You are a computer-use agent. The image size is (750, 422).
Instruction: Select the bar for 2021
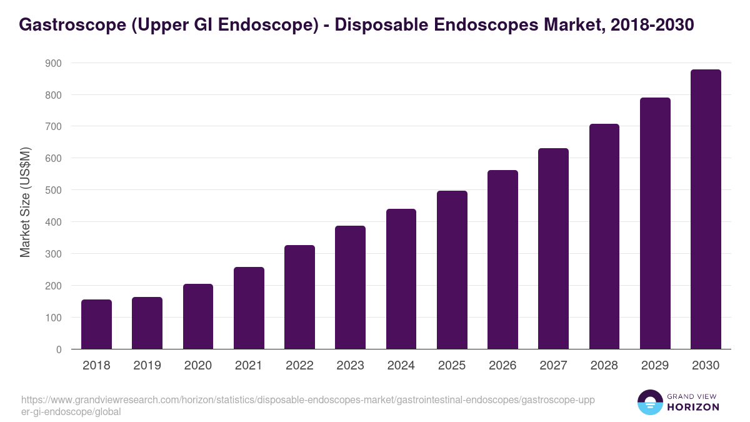click(249, 308)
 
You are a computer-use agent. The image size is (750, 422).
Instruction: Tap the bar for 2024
click(401, 279)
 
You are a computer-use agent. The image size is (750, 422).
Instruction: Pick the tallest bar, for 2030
click(706, 209)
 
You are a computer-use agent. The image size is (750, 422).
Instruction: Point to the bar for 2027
click(553, 248)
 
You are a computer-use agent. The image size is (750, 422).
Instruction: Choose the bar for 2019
click(147, 323)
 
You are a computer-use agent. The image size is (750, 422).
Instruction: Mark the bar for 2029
click(655, 223)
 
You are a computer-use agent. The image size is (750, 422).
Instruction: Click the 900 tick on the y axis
click(53, 63)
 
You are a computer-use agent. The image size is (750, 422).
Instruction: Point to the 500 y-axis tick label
click(53, 190)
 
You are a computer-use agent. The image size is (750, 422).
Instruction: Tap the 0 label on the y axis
click(59, 349)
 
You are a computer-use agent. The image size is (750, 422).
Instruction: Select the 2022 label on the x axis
click(299, 366)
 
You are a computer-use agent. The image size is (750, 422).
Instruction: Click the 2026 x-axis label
click(502, 366)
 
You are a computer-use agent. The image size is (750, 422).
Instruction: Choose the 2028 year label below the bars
click(604, 366)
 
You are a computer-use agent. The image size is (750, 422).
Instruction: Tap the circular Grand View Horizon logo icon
click(649, 403)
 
